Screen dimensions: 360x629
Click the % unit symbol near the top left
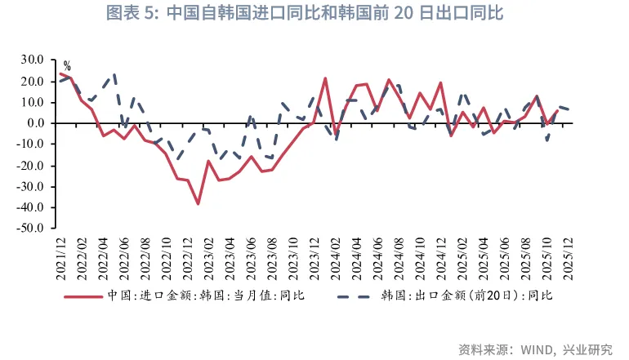pyautogui.click(x=67, y=66)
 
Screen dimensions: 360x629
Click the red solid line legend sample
pyautogui.click(x=84, y=296)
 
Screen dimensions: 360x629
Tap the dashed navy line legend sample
pyautogui.click(x=352, y=296)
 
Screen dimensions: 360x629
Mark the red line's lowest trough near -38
pyautogui.click(x=198, y=204)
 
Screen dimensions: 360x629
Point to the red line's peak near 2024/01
pyautogui.click(x=325, y=78)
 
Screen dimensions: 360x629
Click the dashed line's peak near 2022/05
pyautogui.click(x=114, y=74)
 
